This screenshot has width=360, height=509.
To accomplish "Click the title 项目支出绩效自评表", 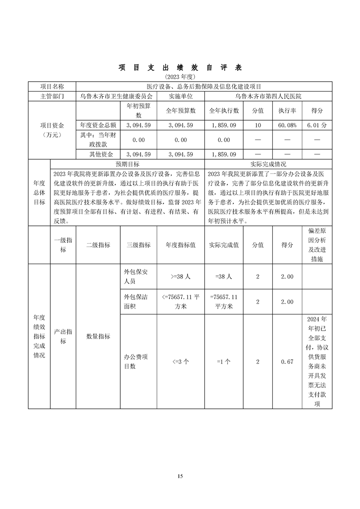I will (x=180, y=68).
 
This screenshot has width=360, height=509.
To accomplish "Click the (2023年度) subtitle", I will (x=180, y=77).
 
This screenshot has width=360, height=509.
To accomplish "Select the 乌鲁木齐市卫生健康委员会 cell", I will (x=116, y=96).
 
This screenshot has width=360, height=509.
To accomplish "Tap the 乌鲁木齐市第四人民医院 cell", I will (x=268, y=96).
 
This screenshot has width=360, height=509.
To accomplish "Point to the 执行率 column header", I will (x=287, y=110).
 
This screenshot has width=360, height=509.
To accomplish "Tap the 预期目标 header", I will (x=128, y=164).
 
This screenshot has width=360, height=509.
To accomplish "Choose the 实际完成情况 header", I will (x=268, y=164).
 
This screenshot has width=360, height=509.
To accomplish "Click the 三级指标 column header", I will (x=138, y=245).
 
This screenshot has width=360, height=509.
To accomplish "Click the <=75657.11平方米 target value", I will (x=180, y=302).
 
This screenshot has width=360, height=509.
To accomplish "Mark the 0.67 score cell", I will (x=287, y=362).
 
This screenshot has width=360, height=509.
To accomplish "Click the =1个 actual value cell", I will (x=224, y=362).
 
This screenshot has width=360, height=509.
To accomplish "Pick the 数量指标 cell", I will (x=98, y=336).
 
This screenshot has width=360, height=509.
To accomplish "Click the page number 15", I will (x=180, y=476).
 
